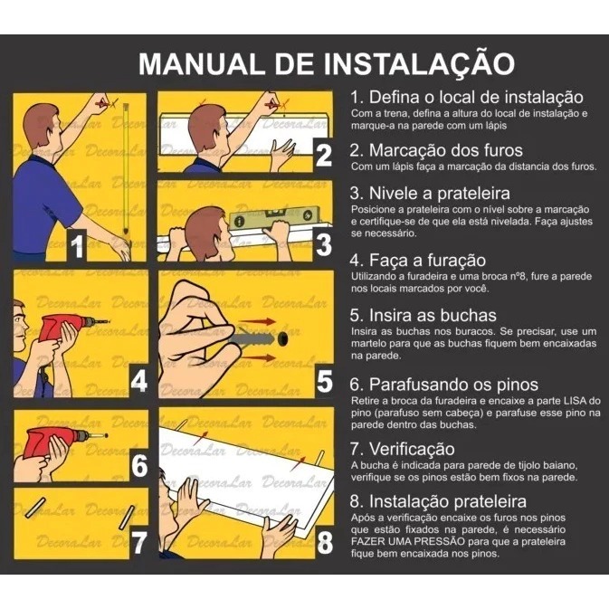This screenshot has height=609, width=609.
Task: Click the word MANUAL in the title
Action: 200,63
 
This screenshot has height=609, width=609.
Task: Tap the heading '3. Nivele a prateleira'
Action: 430,193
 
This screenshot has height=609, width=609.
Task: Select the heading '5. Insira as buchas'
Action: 423,315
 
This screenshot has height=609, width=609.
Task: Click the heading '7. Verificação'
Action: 403,449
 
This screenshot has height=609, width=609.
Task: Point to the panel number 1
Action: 77,245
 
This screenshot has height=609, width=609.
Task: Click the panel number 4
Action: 138,381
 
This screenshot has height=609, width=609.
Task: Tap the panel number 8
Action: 325,542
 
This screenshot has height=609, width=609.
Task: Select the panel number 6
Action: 139,465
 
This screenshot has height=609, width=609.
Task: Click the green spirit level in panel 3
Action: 274,217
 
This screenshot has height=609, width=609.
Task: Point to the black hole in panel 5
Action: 283,339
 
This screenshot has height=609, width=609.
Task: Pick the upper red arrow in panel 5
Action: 257,321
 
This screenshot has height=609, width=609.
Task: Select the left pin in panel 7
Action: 35,508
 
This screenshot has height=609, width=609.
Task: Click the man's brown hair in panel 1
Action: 40,123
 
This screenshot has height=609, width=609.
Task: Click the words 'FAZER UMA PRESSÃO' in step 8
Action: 408,541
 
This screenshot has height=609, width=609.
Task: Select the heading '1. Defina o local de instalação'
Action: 466,97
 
